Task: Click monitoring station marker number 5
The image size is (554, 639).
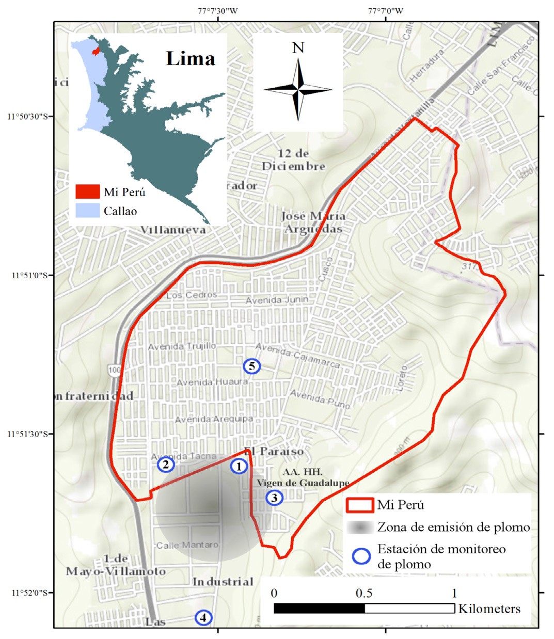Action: [x=251, y=366]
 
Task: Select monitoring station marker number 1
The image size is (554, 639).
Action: [x=239, y=466]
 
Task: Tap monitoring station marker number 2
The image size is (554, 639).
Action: [x=166, y=465]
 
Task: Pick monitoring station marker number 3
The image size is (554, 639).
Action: [x=274, y=498]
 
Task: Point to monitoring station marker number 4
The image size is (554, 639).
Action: [x=203, y=617]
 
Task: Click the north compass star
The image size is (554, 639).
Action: [x=298, y=89]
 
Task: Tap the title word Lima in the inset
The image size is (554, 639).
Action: [x=190, y=58]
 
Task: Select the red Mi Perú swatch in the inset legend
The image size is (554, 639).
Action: [x=87, y=192]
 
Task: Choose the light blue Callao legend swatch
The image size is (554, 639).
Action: [x=87, y=211]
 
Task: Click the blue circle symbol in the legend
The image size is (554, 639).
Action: [x=361, y=556]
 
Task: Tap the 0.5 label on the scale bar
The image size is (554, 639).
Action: [x=364, y=593]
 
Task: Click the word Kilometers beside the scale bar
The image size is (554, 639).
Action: [x=489, y=609]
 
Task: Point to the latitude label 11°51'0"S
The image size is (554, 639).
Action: [x=29, y=275]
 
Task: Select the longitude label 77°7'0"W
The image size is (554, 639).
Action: [x=386, y=10]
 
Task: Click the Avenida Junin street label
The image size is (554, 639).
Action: [x=277, y=300]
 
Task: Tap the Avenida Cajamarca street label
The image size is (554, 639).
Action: [x=298, y=356]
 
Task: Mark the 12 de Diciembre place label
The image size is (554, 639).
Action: [x=293, y=160]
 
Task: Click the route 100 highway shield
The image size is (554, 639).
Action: [x=114, y=370]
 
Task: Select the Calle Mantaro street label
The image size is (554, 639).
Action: [x=187, y=545]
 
